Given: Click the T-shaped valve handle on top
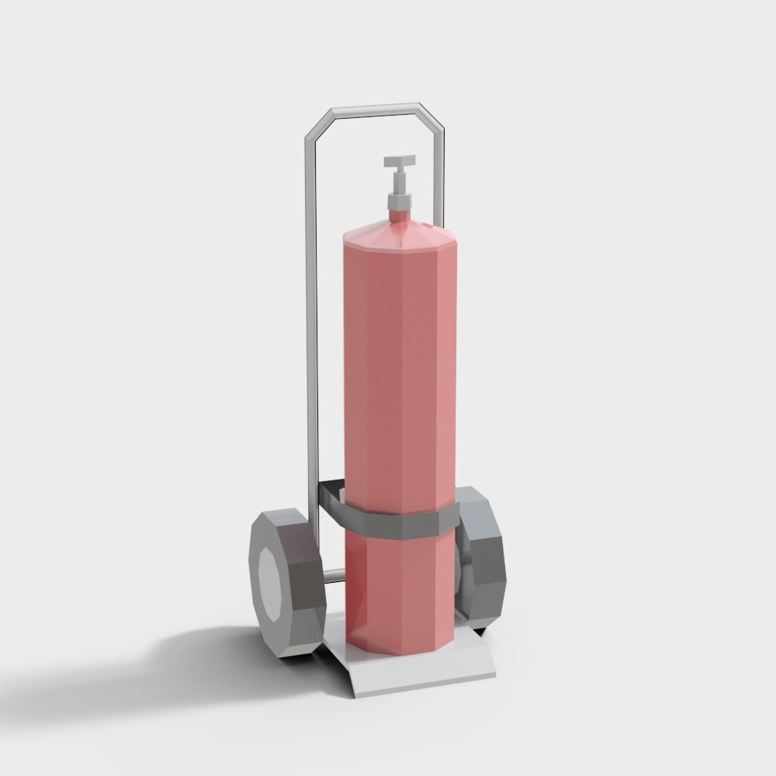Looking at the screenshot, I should click(400, 162).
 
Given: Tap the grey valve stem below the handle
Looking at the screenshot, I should click(400, 182).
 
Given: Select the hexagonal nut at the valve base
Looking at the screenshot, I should click(398, 202).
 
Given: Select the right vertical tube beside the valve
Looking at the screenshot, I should click(442, 186).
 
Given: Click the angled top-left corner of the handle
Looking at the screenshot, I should click(318, 126).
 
